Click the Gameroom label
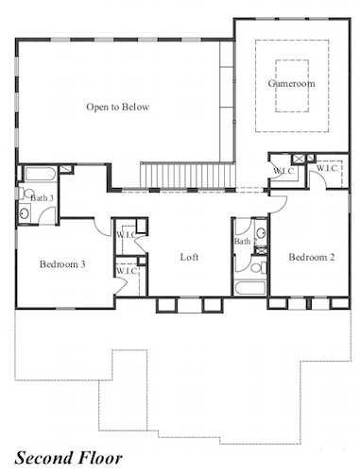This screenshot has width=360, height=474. coord(291,83)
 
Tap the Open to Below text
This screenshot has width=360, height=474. coord(117,107)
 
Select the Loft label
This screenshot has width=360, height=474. coord(189,257)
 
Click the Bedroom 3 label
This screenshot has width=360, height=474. coord(62,263)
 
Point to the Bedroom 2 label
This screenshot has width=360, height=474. coord(312,257)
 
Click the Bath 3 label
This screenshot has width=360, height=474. coord(42,198)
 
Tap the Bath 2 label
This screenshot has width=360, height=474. coord(246,242)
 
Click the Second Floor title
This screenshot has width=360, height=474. coord(68,458)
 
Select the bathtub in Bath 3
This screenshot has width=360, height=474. coord(41,174)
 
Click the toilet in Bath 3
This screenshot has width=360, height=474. coord(26,193)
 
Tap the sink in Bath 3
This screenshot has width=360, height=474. coord(25,213)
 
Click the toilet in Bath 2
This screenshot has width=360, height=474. coord(259,268)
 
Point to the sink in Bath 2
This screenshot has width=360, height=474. coord(261,233)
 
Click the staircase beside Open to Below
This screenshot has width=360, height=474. coord(188,176)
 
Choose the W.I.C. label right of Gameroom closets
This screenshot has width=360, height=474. coord(328,168)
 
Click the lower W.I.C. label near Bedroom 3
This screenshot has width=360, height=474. coord(127,271)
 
